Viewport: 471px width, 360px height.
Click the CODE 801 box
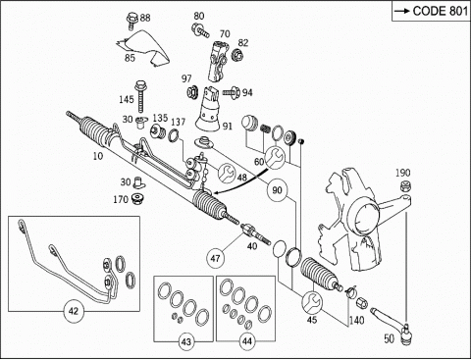tap(431, 11)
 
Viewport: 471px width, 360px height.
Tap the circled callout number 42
tap(74, 311)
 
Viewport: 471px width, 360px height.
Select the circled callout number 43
tap(186, 342)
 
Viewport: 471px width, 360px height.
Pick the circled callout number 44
tap(247, 341)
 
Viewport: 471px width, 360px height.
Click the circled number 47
tap(215, 258)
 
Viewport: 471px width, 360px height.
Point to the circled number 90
tap(277, 190)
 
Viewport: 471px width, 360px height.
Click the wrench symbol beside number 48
tap(227, 172)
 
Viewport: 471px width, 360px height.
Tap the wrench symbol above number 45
tap(312, 302)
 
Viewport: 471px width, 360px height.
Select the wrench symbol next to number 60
tap(275, 158)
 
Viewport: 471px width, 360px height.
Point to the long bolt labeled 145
tap(140, 96)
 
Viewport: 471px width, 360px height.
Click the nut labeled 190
tap(405, 186)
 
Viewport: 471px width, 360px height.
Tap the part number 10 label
tap(98, 156)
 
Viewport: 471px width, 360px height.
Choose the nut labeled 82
tap(236, 55)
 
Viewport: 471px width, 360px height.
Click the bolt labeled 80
tap(200, 29)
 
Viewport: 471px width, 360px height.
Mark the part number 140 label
tap(356, 320)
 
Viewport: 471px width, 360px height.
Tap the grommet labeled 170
tap(138, 198)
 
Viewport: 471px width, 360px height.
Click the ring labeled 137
tap(175, 135)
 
